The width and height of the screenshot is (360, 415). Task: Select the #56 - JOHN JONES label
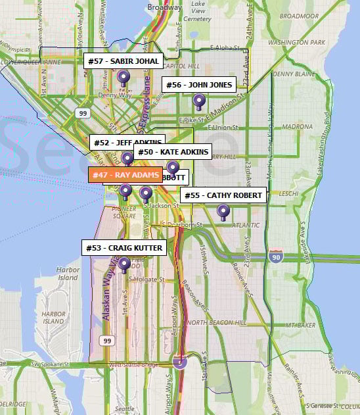coord(198,85)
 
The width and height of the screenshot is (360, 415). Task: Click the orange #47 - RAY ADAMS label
coord(125,176)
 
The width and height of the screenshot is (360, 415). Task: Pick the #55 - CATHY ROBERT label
coord(223,195)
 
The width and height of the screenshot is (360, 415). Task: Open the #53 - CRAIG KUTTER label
coord(124,248)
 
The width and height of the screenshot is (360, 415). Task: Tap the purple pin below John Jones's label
coord(198,101)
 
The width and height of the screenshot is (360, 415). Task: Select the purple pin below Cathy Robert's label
coord(223,212)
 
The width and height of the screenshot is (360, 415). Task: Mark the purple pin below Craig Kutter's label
coord(124,264)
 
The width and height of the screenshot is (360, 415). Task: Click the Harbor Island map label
coord(68,274)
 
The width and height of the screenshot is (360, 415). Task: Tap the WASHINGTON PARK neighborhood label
coord(296,42)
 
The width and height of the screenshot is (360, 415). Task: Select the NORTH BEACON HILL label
coord(217,323)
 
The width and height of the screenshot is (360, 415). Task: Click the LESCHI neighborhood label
coord(288,194)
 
